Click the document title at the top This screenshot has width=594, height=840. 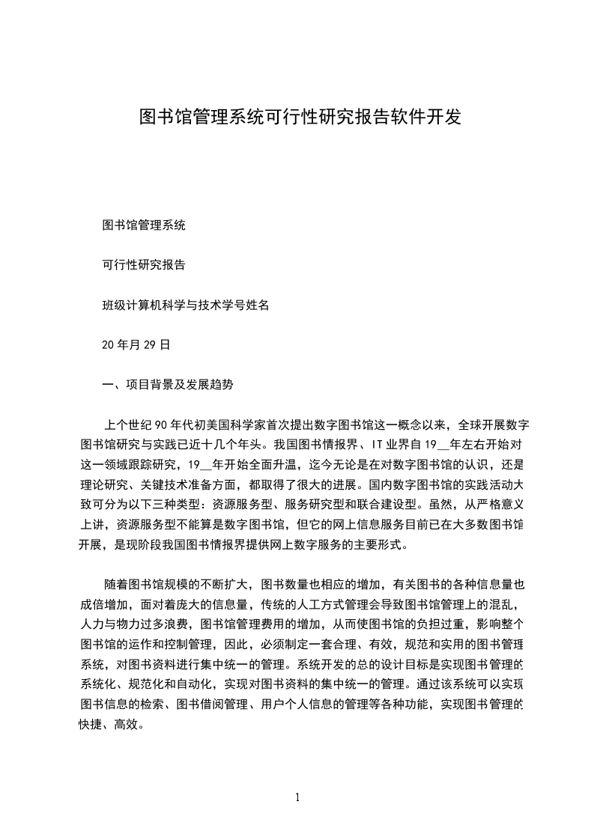[x=300, y=117]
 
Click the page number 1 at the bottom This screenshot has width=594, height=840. [x=297, y=797]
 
